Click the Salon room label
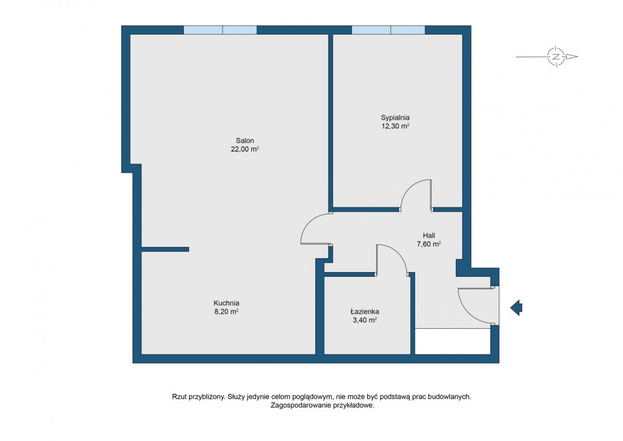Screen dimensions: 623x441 [245, 141]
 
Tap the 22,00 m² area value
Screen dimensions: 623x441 [245, 149]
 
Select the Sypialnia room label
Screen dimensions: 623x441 [395, 118]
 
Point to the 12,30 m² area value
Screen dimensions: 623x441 [395, 126]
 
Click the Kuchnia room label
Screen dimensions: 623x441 [226, 303]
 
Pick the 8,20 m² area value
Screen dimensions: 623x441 [226, 311]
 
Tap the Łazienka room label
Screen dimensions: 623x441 [365, 311]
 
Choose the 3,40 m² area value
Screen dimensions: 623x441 [365, 320]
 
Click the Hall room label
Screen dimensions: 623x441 [429, 235]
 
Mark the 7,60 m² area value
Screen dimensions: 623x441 [429, 244]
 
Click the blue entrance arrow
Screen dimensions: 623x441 [516, 308]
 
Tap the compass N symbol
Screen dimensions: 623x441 [556, 57]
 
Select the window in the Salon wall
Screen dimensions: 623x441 [220, 30]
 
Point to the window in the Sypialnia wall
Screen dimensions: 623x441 [388, 30]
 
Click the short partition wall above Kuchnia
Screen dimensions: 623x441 [165, 249]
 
